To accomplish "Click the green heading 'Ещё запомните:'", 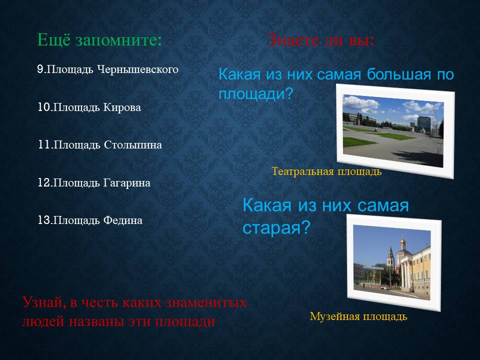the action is tap(99, 40).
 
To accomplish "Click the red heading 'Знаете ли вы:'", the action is tap(321, 40).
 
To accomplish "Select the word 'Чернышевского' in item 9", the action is tap(138, 69).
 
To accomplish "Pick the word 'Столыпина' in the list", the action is tap(133, 145).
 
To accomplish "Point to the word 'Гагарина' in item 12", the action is tap(126, 183).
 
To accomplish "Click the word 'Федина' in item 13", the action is tap(123, 220).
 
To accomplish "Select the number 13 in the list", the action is tap(44, 220).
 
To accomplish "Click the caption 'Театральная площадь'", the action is tap(326, 171).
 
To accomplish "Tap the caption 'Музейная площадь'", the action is tap(358, 316).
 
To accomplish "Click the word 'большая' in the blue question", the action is tap(398, 74).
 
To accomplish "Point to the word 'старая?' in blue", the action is tap(276, 228).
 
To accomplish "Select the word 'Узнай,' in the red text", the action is tap(44, 303).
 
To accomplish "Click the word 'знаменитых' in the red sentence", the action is tap(206, 302).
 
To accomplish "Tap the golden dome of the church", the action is tap(402, 242).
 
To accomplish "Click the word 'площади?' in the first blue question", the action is tap(256, 93).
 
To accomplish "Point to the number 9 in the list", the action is tap(40, 69).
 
